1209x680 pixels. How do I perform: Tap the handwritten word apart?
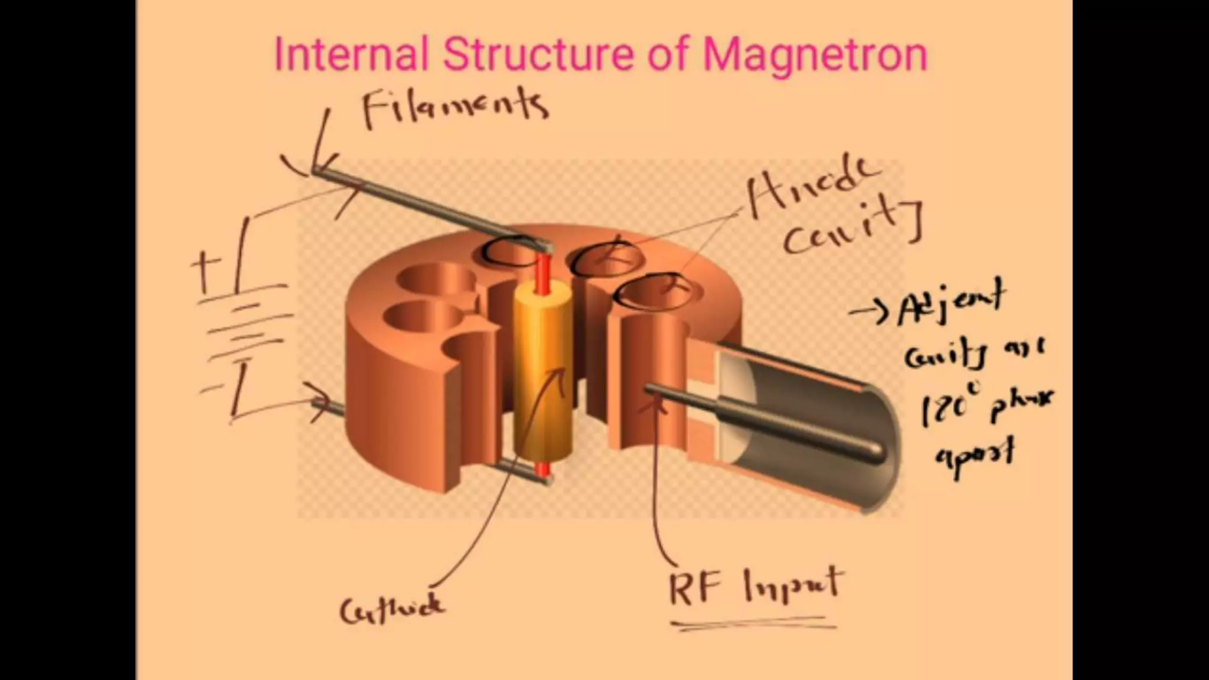[x=974, y=455]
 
